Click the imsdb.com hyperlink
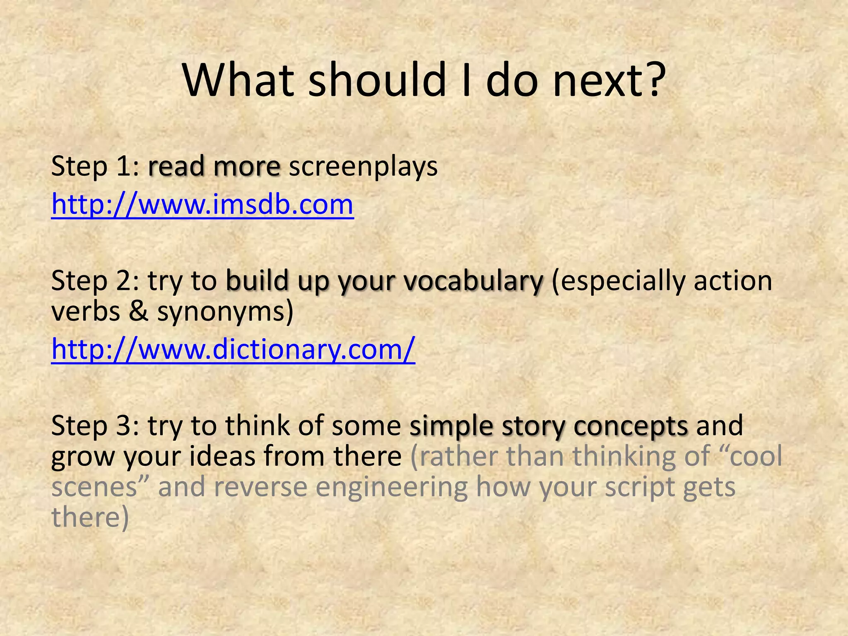pos(202,205)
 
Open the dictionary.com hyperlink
pos(233,350)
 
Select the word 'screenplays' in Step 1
pos(363,167)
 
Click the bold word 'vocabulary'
pos(473,282)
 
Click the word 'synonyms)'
pos(225,313)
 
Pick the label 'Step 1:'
pos(95,167)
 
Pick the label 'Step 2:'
pos(95,282)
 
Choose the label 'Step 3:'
pos(95,426)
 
